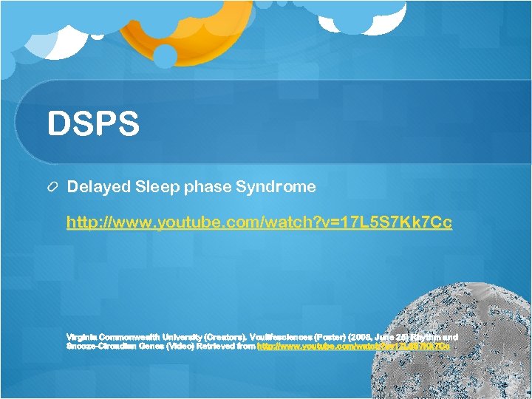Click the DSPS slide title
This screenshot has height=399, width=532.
coord(93,124)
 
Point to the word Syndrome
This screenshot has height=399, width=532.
coord(276,187)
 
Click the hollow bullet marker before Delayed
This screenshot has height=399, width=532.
coord(52,188)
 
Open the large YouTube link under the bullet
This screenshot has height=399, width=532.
coord(259,222)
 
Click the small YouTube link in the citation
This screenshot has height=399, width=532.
coord(353,346)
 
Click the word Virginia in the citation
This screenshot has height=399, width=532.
coord(81,336)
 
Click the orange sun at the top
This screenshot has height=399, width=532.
coord(166,26)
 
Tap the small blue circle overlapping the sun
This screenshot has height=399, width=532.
coord(165,55)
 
